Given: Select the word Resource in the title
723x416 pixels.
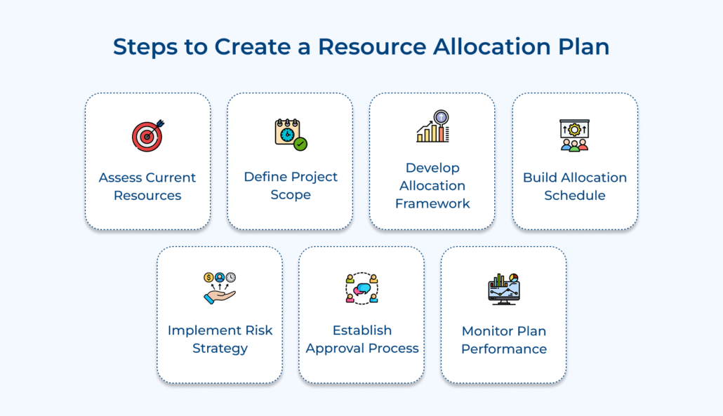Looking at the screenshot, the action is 372,46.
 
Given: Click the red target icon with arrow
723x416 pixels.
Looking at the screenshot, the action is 148,136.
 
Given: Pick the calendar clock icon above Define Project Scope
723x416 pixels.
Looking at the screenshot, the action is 291,135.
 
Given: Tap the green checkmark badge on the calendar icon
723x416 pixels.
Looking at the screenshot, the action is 300,145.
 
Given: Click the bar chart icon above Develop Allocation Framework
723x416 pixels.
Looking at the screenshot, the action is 433,126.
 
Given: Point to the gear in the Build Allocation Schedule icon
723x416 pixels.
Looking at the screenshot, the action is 574,130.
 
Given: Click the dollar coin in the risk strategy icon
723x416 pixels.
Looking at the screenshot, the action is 209,277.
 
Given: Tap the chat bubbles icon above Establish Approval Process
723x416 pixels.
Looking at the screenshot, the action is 362,288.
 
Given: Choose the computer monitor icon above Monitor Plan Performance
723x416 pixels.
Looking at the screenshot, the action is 504,289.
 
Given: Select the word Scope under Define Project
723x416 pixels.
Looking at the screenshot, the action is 291,195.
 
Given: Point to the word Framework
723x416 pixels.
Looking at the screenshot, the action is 432,203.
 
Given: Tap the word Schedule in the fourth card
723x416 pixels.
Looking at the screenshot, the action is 574,195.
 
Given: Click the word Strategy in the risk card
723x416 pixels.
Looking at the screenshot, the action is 220,348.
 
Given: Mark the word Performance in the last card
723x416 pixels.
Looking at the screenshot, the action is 504,349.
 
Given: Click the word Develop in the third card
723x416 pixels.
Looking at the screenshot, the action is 432,168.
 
